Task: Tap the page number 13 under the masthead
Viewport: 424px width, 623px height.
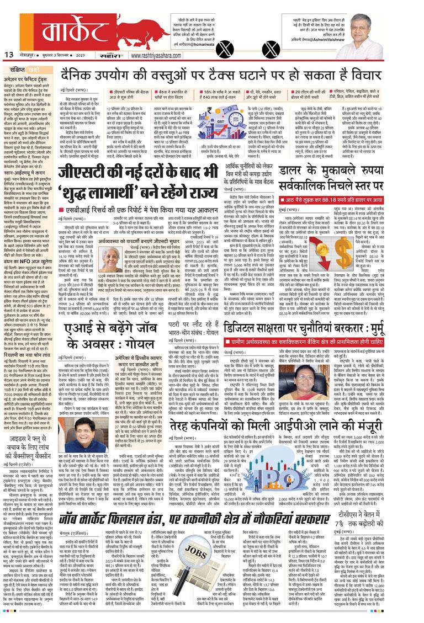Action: [x=10, y=54]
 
